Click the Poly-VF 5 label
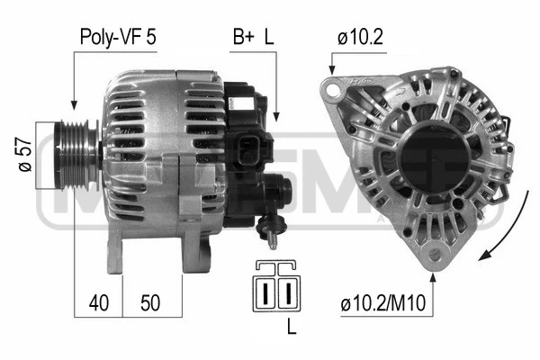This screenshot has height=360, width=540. point(117,37)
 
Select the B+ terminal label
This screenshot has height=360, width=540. point(243,37)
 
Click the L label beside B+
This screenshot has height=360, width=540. point(268,37)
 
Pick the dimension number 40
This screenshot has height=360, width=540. point(98,303)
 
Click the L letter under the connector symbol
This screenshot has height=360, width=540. point(291,328)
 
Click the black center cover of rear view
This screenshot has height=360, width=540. point(434,159)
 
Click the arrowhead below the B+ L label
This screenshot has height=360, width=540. point(276,117)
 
